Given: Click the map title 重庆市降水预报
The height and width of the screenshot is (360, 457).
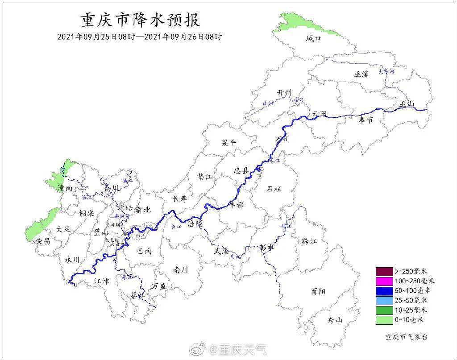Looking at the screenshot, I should coord(140,20).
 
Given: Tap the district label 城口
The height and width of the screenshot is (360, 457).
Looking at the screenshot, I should coord(313,39).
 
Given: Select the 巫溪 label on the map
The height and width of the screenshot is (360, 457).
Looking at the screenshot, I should coord(361,74).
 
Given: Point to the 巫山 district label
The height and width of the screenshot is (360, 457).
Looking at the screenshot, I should coord(407,105).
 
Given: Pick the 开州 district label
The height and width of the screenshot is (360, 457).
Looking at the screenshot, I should coord(284,92).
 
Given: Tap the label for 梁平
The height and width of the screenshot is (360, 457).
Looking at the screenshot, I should coord(229,143).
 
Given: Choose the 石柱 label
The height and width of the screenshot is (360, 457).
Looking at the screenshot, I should coord(274,189).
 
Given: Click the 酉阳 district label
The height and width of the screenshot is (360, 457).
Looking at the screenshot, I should coord(318,291).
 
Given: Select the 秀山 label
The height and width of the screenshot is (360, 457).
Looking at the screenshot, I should coord(335,320).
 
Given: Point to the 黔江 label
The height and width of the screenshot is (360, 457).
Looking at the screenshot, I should coord(309,241).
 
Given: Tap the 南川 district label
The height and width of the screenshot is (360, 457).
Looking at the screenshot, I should coord(181,270).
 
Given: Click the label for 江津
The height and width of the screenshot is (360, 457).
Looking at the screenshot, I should coord(101,281).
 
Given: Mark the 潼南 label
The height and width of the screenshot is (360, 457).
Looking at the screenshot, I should coord(65,189).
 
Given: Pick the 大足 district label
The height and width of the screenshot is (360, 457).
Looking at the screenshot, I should coord(64,229).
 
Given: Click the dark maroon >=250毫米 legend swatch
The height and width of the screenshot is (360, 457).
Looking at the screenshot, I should coord(384,271).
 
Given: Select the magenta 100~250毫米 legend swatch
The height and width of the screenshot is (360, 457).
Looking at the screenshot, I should coord(384,281).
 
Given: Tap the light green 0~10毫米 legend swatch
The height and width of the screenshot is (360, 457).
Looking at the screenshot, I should coord(384,320).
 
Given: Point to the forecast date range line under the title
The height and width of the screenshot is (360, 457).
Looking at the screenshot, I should coord(140,37).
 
